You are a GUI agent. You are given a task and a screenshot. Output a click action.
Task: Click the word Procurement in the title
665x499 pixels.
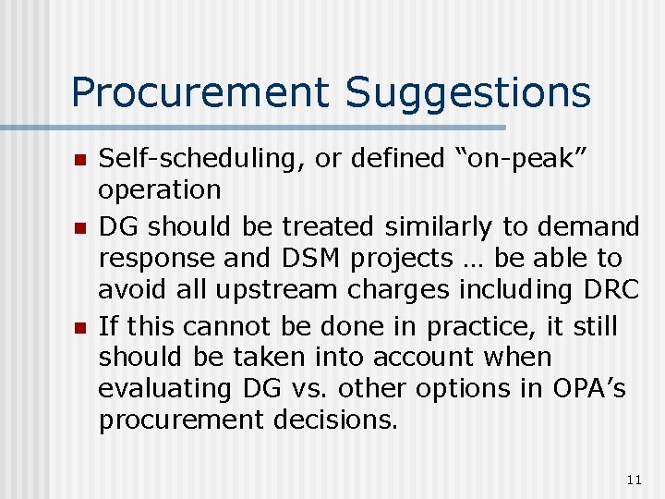coord(199,92)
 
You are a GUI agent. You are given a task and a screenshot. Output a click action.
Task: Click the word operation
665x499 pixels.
coord(160,190)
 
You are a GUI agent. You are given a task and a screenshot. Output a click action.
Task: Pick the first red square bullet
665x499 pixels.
coord(79,161)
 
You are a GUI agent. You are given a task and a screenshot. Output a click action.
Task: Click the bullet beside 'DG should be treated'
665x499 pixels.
coord(79,227)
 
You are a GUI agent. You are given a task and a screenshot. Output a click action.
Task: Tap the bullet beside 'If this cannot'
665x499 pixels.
coord(79,328)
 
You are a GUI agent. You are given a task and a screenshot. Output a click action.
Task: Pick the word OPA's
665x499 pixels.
coord(585,389)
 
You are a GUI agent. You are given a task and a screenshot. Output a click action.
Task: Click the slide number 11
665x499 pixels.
coord(633,479)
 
